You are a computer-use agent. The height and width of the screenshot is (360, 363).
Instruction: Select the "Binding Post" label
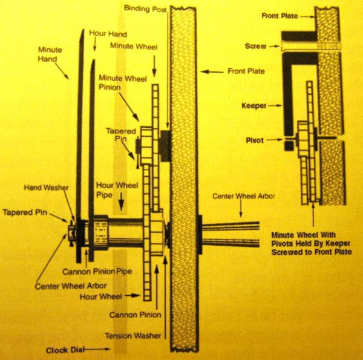[146, 8]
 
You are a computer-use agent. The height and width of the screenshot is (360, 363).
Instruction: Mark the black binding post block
[165, 146]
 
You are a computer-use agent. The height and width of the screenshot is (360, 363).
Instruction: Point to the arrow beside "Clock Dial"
[100, 349]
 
